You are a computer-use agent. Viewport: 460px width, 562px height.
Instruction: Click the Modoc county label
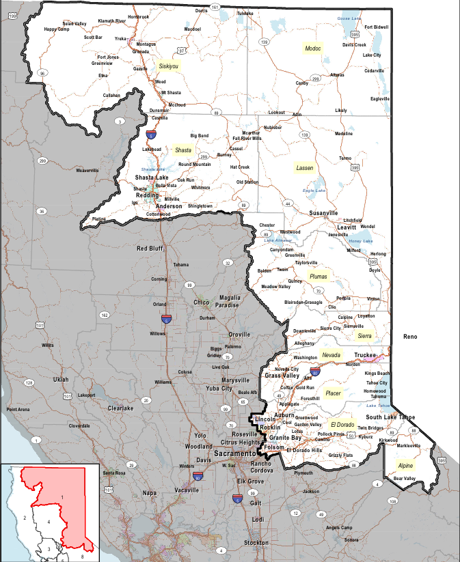(x=313, y=49)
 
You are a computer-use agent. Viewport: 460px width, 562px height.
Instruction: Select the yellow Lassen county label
(x=304, y=167)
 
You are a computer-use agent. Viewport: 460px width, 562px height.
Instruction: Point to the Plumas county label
(x=319, y=277)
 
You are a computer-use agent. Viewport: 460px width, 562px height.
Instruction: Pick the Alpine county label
(x=405, y=466)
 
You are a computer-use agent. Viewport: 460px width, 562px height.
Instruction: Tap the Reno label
(x=410, y=337)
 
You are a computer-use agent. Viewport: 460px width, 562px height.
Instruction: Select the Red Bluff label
(x=150, y=249)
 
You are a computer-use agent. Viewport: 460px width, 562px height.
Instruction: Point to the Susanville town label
(x=323, y=213)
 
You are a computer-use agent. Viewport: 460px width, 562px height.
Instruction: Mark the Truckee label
(x=366, y=355)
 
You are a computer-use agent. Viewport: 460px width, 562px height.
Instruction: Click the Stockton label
(x=256, y=543)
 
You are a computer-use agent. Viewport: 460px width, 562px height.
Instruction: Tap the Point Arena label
(x=18, y=409)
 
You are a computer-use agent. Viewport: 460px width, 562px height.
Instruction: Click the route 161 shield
(x=215, y=7)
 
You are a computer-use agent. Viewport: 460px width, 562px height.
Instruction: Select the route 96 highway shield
(x=42, y=73)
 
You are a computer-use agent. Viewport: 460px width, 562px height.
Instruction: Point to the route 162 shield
(x=104, y=315)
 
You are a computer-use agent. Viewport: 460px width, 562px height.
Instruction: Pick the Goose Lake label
(x=349, y=19)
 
